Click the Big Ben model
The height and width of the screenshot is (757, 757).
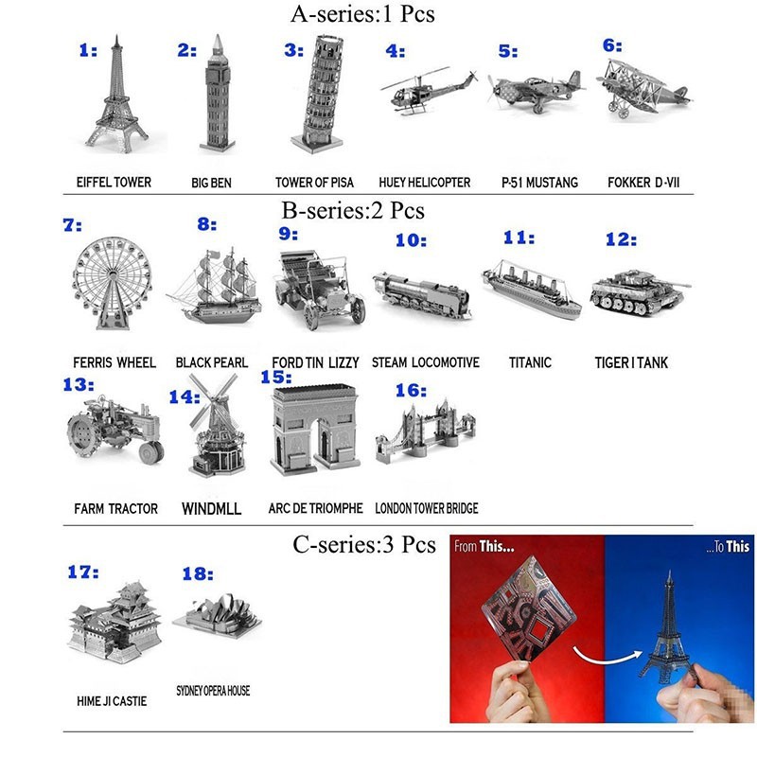pos(218,93)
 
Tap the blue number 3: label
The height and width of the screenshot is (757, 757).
pos(293,50)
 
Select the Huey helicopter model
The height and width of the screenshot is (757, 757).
pos(429,91)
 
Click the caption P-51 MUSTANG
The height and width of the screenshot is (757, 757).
pos(539,183)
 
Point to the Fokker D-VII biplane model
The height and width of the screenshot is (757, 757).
pos(643,89)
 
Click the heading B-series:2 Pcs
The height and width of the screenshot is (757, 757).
pos(353,210)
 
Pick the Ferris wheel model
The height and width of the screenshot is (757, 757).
pos(113,283)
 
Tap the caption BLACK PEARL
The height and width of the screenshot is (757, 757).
pos(211,362)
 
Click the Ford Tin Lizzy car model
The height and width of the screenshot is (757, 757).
pos(319,290)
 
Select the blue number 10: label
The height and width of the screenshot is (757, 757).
pos(411,240)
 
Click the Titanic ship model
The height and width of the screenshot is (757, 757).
pos(532,289)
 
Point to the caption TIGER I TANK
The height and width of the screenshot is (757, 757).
pos(631,362)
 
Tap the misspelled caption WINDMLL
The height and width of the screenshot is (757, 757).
pos(211,508)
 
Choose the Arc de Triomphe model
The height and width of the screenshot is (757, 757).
pos(315,430)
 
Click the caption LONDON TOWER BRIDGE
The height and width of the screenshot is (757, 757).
pos(427,508)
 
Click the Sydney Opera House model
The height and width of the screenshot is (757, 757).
pos(218,616)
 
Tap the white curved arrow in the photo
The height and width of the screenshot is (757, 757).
pos(608,657)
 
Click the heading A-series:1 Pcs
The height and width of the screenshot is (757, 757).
pos(362,13)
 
